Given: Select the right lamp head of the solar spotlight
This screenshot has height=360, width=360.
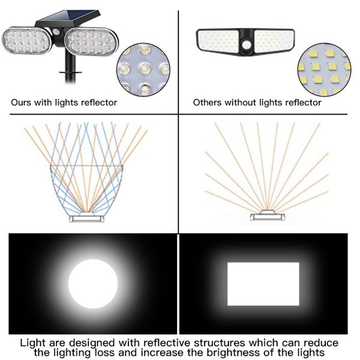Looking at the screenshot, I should click(92, 43).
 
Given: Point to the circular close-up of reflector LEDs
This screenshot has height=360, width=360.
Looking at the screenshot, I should click(143, 68).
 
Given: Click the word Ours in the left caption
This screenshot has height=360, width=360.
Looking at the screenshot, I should click(23, 103).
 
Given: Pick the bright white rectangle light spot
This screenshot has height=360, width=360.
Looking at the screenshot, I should click(263, 284).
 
